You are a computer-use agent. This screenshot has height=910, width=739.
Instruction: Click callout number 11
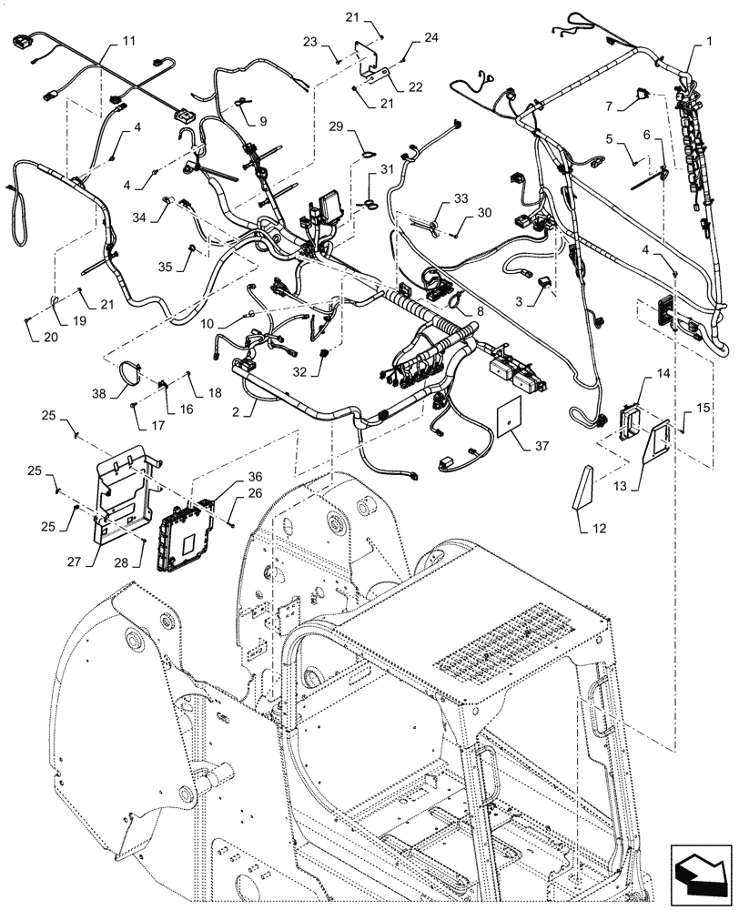128,42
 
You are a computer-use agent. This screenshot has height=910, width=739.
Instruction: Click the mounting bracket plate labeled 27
125,491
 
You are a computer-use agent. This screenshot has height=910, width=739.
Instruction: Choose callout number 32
301,371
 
